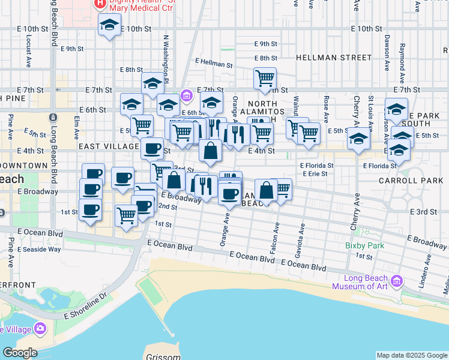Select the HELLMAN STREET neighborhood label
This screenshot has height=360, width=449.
pyautogui.click(x=334, y=58)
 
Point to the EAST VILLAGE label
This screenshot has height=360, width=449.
pyautogui.click(x=109, y=146)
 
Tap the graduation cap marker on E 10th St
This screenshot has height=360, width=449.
pyautogui.click(x=109, y=26)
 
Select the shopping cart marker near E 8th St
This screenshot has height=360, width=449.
pyautogui.click(x=265, y=78)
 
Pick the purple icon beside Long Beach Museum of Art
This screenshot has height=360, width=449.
pyautogui.click(x=396, y=280)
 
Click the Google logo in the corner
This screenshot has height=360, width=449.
pyautogui.click(x=19, y=353)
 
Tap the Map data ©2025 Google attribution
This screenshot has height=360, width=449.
pyautogui.click(x=412, y=355)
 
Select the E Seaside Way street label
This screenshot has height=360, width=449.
pyautogui.click(x=39, y=249)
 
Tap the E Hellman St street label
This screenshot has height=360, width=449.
pyautogui.click(x=214, y=62)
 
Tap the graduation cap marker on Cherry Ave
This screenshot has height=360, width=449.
pyautogui.click(x=358, y=139)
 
